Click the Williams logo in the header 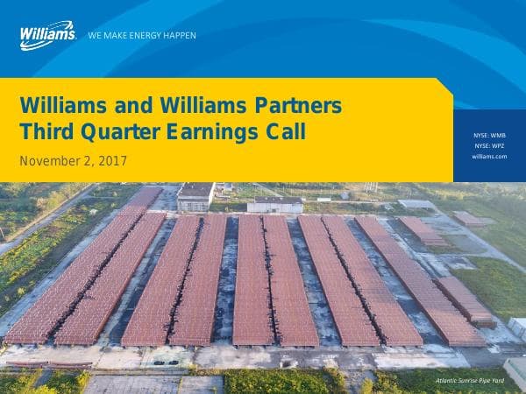pyautogui.click(x=47, y=34)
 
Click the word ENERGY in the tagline pyautogui.click(x=148, y=36)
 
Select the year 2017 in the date pyautogui.click(x=113, y=161)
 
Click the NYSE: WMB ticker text pyautogui.click(x=489, y=135)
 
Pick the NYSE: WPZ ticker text pyautogui.click(x=489, y=145)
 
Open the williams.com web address pyautogui.click(x=489, y=156)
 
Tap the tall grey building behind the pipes pyautogui.click(x=195, y=196)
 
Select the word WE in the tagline pyautogui.click(x=95, y=36)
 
